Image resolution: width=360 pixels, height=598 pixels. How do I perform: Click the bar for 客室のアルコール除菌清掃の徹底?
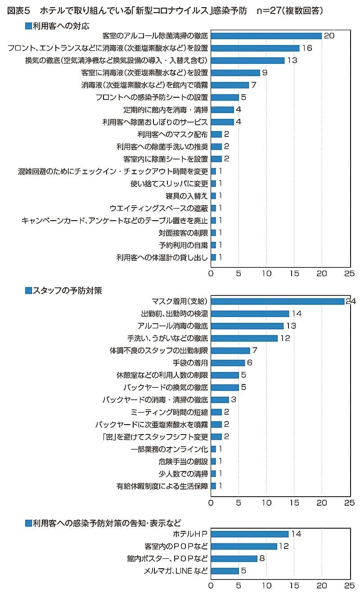[266, 36]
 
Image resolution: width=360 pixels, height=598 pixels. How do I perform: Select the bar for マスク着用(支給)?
[278, 301]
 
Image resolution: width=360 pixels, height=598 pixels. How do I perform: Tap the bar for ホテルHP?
[250, 534]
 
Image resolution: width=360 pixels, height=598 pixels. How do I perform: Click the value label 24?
[351, 301]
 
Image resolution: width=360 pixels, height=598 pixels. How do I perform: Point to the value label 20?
[329, 36]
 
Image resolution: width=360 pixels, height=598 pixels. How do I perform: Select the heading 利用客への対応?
[61, 26]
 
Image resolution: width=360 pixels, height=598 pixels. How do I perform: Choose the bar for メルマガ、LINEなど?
[225, 571]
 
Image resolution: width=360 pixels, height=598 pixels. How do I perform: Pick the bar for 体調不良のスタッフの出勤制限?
[230, 350]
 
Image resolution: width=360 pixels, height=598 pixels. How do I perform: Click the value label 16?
[307, 48]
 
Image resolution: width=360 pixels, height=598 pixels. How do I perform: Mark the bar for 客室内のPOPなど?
[244, 546]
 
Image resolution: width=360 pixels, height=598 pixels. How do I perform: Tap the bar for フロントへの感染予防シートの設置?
[225, 97]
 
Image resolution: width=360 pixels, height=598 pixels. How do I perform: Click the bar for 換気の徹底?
[247, 60]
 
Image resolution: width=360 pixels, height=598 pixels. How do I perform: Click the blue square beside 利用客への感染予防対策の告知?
[28, 523]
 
